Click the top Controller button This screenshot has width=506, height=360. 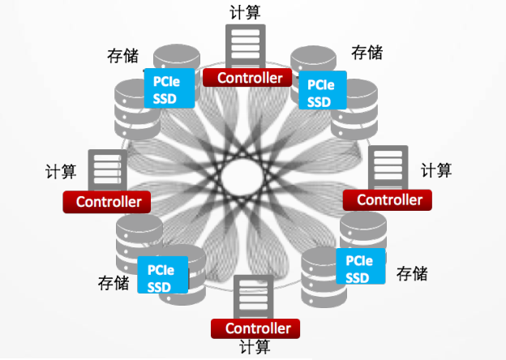(x=246, y=78)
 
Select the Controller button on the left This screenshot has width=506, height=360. (x=106, y=202)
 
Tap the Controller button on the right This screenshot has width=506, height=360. (x=388, y=199)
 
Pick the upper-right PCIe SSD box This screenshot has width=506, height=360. (x=322, y=91)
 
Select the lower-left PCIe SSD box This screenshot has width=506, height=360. (x=163, y=276)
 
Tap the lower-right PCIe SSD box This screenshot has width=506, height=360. (x=359, y=268)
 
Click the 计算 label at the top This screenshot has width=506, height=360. (x=246, y=11)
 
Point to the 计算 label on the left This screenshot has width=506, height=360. (x=61, y=171)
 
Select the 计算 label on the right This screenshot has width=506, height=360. (x=436, y=170)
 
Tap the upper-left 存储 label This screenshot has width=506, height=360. (x=122, y=56)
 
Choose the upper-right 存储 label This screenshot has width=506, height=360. (x=367, y=53)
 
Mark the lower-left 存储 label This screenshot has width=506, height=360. (x=114, y=283)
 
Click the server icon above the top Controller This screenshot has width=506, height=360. (x=246, y=45)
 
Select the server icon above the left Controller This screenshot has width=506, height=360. (x=103, y=169)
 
